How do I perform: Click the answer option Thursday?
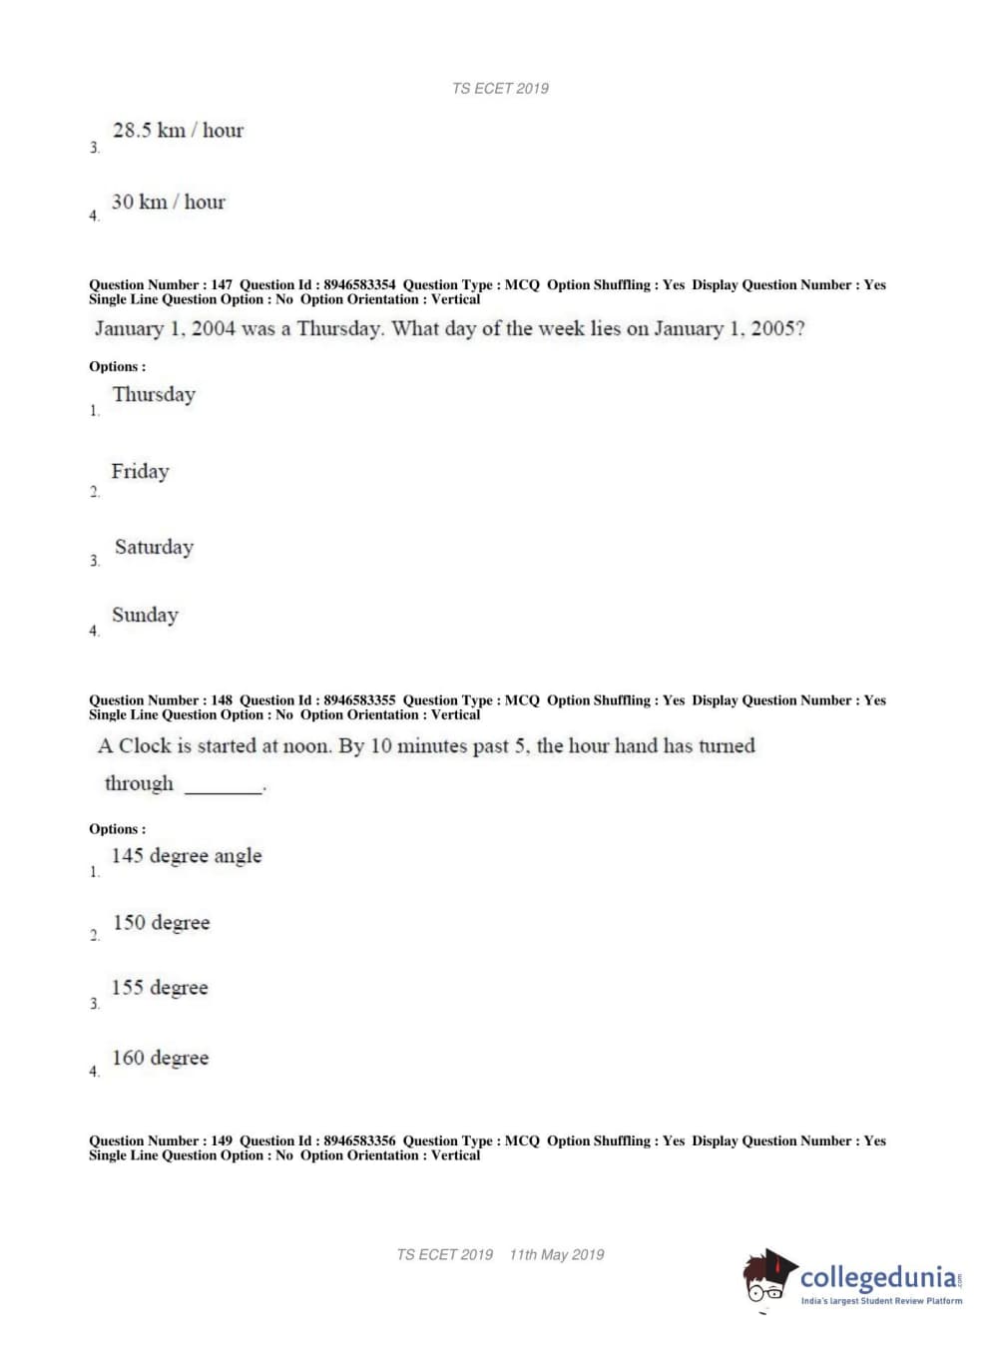(x=154, y=395)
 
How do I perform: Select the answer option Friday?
(x=140, y=471)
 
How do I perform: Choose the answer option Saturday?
(x=154, y=547)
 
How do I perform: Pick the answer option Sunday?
(x=145, y=616)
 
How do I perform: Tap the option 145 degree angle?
(x=187, y=856)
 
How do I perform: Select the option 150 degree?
(x=162, y=923)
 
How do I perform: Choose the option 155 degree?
(x=160, y=988)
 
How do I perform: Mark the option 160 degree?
(x=161, y=1058)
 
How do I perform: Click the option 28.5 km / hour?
(x=178, y=131)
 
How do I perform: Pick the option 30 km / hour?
(x=169, y=203)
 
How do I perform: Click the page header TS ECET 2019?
(x=500, y=89)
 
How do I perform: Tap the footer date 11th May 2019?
(x=557, y=1255)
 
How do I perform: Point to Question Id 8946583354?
(x=359, y=285)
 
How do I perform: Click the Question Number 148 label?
(x=161, y=700)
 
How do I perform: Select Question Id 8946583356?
(x=359, y=1141)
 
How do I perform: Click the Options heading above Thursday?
(x=117, y=367)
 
